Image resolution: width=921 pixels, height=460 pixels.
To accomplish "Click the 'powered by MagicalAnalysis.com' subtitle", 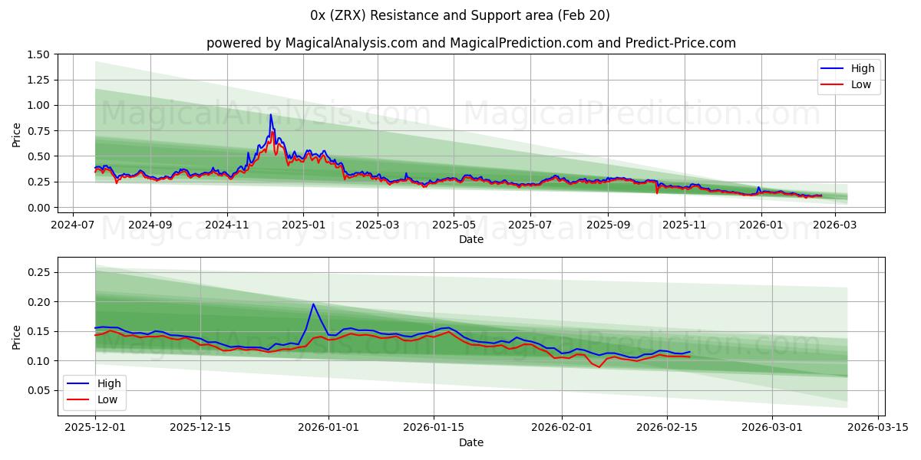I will click(x=470, y=43).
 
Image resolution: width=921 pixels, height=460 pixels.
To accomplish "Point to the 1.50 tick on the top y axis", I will click(x=39, y=54).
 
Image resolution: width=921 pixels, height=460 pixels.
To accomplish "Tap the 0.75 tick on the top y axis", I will click(x=39, y=131).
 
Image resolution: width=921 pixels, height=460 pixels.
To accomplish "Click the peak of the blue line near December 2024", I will click(x=270, y=115).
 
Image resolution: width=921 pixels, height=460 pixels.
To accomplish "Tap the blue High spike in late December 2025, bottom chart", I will click(x=313, y=304).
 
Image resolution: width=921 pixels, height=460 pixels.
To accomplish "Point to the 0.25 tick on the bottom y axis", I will click(x=39, y=272).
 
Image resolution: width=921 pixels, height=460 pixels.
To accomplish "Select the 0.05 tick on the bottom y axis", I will click(x=39, y=390).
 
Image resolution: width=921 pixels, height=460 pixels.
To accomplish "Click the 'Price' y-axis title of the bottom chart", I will click(x=17, y=337).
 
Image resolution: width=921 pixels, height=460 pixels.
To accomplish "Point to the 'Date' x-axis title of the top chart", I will click(x=470, y=239).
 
